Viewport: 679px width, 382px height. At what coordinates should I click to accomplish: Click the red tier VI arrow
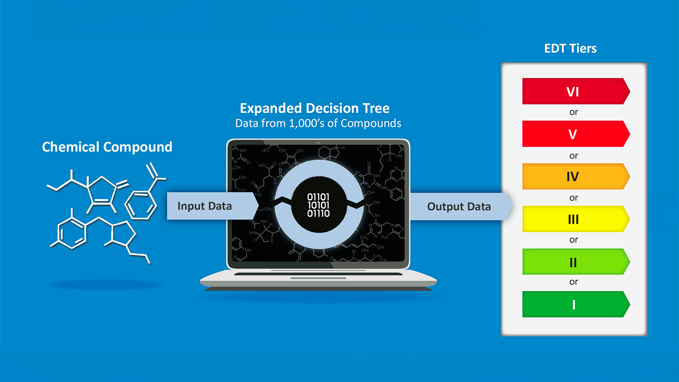[x=576, y=91]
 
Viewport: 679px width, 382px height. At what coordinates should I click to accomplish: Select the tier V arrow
[x=576, y=134]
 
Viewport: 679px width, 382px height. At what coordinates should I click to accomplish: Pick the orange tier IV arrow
[x=576, y=177]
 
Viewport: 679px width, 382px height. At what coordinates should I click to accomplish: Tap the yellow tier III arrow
[x=576, y=219]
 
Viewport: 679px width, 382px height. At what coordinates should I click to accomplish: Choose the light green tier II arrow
[x=576, y=261]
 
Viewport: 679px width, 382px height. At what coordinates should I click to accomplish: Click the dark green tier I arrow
[x=576, y=304]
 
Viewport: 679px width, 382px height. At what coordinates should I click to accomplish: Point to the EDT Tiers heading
[x=570, y=48]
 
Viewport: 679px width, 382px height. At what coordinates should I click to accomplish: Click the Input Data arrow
[x=212, y=206]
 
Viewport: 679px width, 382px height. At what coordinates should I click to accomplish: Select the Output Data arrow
[x=461, y=206]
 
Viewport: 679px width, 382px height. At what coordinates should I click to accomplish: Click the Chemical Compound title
[x=107, y=147]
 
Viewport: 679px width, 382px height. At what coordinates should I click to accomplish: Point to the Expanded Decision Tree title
[x=314, y=108]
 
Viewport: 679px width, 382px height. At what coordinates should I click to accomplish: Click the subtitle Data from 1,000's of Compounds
[x=318, y=124]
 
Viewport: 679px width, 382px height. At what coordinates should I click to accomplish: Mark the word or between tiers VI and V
[x=573, y=112]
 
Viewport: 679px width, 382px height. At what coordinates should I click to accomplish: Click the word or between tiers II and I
[x=573, y=282]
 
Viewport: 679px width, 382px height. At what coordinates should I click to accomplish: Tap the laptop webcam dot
[x=318, y=143]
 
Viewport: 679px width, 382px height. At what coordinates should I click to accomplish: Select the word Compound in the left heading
[x=137, y=147]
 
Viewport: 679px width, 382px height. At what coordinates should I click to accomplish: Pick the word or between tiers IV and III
[x=573, y=198]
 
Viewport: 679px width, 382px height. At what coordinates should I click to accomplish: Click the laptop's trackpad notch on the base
[x=318, y=278]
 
